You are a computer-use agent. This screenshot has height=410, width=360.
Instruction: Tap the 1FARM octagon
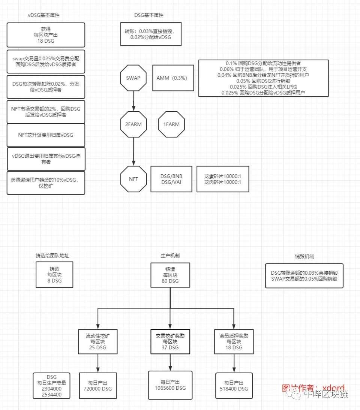coord(171,124)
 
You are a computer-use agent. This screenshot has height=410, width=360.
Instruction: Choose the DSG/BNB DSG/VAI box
coord(171,179)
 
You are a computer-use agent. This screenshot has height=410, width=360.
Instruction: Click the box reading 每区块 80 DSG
coord(170,275)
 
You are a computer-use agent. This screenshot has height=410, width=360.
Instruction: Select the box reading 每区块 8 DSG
coord(54,275)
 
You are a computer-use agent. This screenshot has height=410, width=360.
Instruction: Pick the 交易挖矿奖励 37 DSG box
coord(171,341)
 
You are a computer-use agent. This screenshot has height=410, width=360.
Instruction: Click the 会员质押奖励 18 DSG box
coord(234,341)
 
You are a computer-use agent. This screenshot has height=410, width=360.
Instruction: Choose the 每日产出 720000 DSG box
coord(98,386)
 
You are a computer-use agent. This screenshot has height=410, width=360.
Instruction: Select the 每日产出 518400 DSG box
coord(234,386)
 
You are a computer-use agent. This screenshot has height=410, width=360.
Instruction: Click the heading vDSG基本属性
coord(44,15)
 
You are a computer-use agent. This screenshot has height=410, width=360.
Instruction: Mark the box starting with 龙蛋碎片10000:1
coord(223,179)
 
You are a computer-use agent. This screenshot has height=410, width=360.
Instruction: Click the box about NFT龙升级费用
coord(46,135)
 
